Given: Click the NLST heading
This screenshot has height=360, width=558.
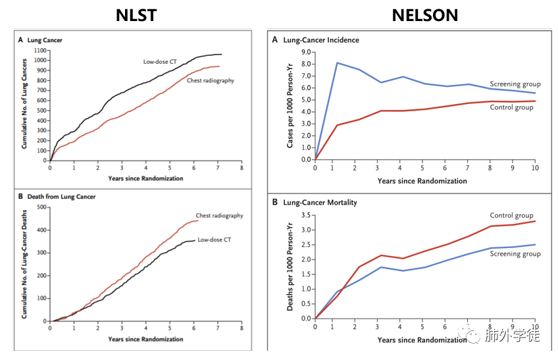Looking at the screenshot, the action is pyautogui.click(x=136, y=15).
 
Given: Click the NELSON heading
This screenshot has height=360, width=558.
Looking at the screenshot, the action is pyautogui.click(x=425, y=15).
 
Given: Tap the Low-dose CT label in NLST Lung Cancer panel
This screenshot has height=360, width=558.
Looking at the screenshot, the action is pyautogui.click(x=160, y=62).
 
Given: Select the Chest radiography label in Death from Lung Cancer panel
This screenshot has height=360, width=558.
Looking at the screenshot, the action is pyautogui.click(x=219, y=215).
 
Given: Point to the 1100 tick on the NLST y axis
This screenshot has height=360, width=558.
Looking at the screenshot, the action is pyautogui.click(x=40, y=51).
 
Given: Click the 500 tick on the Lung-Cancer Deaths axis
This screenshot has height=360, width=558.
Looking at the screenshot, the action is pyautogui.click(x=41, y=207).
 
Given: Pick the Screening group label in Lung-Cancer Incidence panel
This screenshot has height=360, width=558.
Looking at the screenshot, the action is pyautogui.click(x=515, y=84).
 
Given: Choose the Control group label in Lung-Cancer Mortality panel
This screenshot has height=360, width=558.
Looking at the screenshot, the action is pyautogui.click(x=511, y=215).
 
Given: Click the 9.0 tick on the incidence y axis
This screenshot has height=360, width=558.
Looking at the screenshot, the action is pyautogui.click(x=306, y=53).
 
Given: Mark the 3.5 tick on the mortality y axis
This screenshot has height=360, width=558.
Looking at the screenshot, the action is pyautogui.click(x=306, y=215).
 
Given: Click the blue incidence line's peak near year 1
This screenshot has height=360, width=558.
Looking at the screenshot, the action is pyautogui.click(x=337, y=63).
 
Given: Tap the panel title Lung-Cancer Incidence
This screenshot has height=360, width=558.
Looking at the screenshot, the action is pyautogui.click(x=321, y=40).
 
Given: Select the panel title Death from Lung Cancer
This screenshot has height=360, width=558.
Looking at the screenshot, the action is pyautogui.click(x=61, y=197).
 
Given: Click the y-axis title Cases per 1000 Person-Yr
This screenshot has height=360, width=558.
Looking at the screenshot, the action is pyautogui.click(x=290, y=106).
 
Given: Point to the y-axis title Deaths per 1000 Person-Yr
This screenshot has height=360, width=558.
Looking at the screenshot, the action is pyautogui.click(x=290, y=267).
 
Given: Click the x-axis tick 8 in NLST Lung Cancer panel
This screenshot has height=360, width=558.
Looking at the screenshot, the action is pyautogui.click(x=241, y=168).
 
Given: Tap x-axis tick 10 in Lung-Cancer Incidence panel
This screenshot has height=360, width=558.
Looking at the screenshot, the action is pyautogui.click(x=535, y=168).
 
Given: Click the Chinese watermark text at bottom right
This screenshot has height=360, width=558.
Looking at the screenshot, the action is pyautogui.click(x=513, y=336).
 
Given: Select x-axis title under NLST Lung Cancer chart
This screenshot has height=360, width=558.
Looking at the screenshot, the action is pyautogui.click(x=145, y=178).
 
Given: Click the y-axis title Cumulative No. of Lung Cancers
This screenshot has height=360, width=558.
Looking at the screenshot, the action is pyautogui.click(x=24, y=103).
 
